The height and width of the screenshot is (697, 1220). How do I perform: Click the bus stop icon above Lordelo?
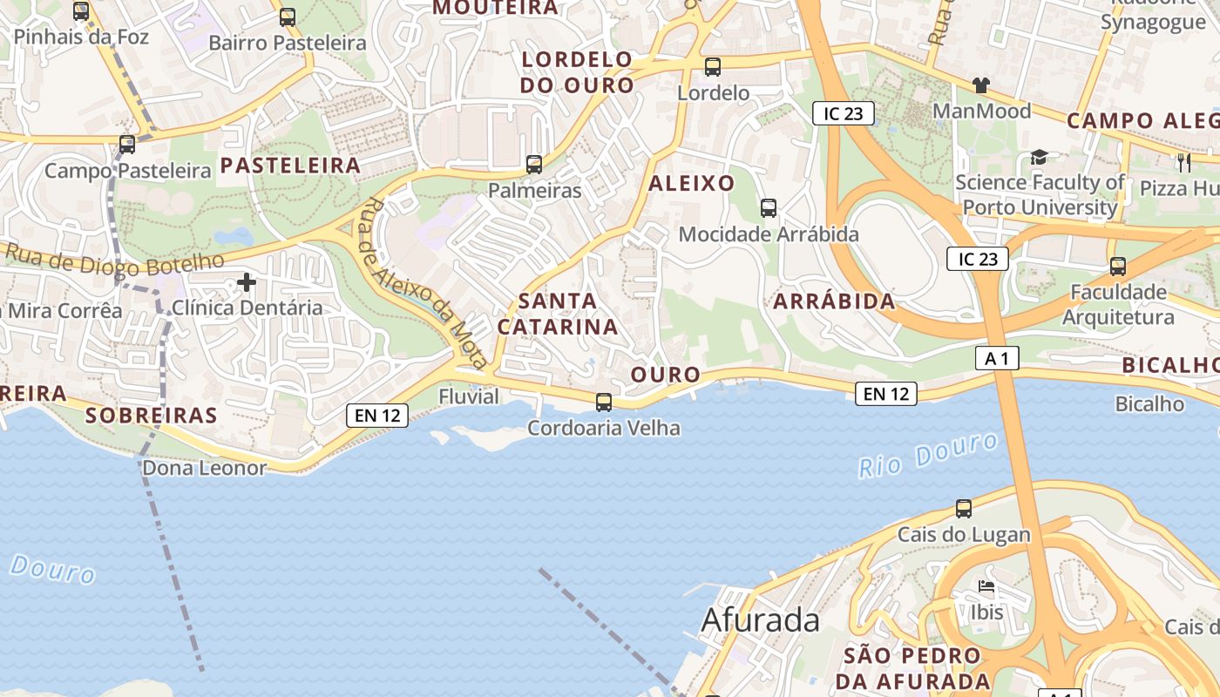click(x=713, y=66)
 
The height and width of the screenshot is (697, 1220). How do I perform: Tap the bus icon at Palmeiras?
click(x=534, y=164)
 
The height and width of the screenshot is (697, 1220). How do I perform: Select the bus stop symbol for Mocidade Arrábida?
click(x=769, y=208)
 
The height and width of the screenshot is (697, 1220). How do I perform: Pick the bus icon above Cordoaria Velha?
click(x=604, y=403)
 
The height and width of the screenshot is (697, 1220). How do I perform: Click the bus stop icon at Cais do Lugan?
click(x=964, y=509)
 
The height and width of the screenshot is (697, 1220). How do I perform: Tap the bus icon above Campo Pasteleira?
click(x=127, y=145)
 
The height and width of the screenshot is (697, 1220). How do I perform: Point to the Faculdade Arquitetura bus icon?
click(x=1118, y=267)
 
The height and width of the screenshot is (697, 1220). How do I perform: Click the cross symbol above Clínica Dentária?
click(x=247, y=282)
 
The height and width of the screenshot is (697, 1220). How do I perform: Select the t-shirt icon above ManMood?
click(x=981, y=85)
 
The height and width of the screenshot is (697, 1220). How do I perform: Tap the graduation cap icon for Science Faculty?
click(x=1039, y=157)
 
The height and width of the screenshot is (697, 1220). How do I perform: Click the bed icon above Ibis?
click(x=986, y=587)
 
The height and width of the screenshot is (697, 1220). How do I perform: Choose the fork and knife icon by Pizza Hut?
click(x=1183, y=162)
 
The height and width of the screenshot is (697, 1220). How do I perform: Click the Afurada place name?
click(x=760, y=620)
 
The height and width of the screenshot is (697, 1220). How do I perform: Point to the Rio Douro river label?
click(x=928, y=456)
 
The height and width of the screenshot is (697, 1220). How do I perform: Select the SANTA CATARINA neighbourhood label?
click(x=558, y=314)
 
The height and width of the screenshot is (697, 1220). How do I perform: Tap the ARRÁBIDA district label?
click(x=834, y=301)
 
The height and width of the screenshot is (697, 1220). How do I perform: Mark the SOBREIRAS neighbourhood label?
click(x=152, y=416)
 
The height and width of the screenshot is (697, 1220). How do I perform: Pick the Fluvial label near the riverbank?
click(x=469, y=397)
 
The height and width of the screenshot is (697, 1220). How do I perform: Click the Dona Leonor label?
click(x=204, y=468)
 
